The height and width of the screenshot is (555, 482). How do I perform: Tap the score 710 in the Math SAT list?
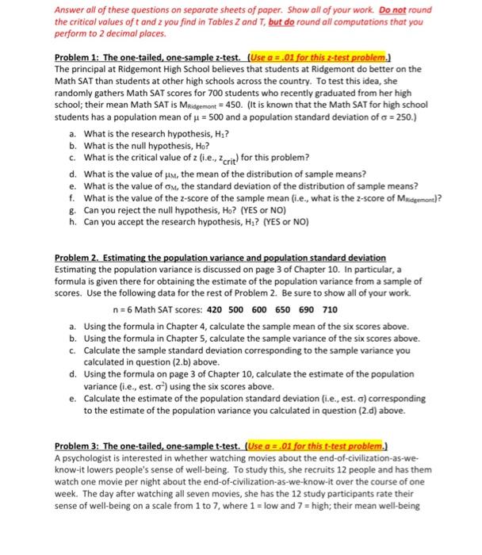pyautogui.click(x=330, y=309)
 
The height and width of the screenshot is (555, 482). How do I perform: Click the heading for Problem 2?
pyautogui.click(x=220, y=258)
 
